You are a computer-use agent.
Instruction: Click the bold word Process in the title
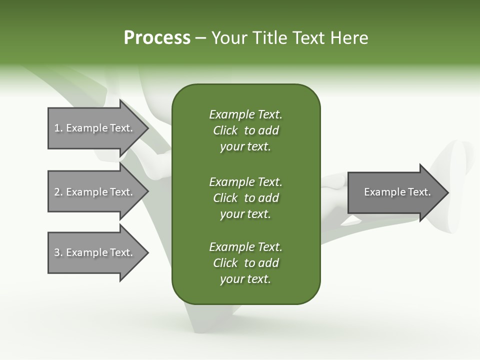coord(157,38)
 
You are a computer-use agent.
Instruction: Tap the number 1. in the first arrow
coord(58,128)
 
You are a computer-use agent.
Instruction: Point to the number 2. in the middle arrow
coord(58,192)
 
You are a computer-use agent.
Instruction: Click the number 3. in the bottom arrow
coord(58,252)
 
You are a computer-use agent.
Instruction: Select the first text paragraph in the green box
coord(246,130)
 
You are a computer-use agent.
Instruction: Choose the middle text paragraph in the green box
coord(246,198)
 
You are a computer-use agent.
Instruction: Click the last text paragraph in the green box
coord(246,263)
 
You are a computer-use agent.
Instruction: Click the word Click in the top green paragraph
coord(225,131)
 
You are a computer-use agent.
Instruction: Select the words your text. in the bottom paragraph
coord(245,279)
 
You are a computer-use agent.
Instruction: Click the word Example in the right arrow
coord(382,192)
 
